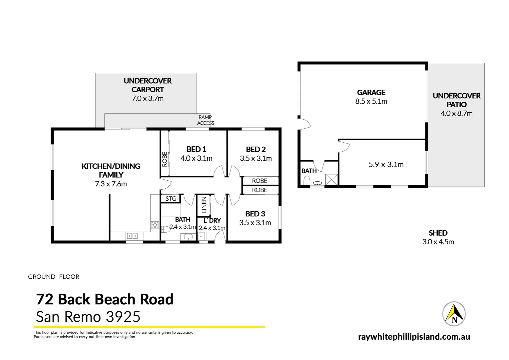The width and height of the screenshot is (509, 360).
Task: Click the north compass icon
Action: pyautogui.click(x=454, y=314)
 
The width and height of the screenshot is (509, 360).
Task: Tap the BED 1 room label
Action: pyautogui.click(x=196, y=149)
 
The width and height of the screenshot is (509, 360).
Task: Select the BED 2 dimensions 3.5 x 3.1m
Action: pyautogui.click(x=256, y=158)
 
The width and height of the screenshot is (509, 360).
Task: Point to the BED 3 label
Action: pyautogui.click(x=255, y=214)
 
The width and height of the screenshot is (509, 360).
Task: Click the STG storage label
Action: pyautogui.click(x=171, y=199)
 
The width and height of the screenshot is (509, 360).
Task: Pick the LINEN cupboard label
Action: pyautogui.click(x=204, y=205)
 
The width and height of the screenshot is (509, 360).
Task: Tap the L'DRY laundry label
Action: pyautogui.click(x=212, y=220)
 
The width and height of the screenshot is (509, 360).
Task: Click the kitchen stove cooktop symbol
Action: pyautogui.click(x=155, y=225)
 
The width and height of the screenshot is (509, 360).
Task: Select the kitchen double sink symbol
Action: pyautogui.click(x=132, y=236)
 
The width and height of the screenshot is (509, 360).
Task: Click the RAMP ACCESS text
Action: pyautogui.click(x=205, y=120)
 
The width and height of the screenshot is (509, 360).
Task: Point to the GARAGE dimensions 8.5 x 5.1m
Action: pyautogui.click(x=371, y=101)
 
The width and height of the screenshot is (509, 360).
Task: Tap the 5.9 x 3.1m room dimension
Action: pyautogui.click(x=386, y=164)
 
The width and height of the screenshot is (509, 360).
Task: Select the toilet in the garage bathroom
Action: pyautogui.click(x=307, y=181)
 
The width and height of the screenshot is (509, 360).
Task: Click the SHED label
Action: pyautogui.click(x=438, y=233)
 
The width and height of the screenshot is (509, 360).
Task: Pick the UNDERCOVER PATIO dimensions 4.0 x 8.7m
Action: pyautogui.click(x=456, y=113)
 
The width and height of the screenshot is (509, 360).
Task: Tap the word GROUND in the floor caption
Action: pyautogui.click(x=42, y=277)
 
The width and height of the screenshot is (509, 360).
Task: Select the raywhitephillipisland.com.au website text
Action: pyautogui.click(x=414, y=337)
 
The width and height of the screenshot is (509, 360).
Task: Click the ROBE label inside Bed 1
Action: pyautogui.click(x=165, y=159)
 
